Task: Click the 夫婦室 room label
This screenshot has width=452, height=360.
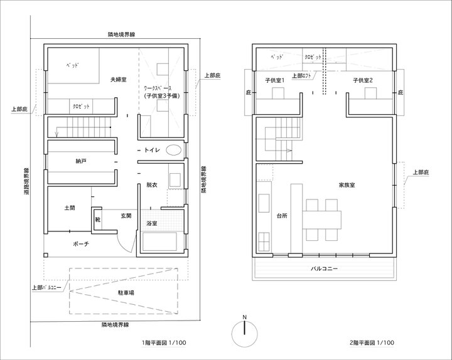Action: pos(118,80)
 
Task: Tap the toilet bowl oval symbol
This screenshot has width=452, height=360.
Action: pos(174,150)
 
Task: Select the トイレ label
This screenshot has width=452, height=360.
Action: pos(152,150)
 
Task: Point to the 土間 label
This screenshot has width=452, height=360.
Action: pos(70,208)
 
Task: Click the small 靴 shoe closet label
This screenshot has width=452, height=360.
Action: pos(98,220)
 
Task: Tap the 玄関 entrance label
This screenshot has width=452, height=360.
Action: pos(126,215)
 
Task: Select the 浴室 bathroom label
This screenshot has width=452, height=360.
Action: pos(151,223)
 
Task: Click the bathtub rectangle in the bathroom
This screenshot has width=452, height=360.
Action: pos(159,241)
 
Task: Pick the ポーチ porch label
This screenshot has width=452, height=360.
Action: pos(81,244)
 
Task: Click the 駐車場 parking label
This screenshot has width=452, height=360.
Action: pos(126,293)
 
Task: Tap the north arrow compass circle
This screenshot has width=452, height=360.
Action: pos(244,334)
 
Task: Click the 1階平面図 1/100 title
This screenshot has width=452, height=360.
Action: pos(164,342)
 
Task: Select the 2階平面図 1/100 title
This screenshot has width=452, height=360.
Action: pos(372,342)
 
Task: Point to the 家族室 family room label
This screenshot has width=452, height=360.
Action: pos(347,185)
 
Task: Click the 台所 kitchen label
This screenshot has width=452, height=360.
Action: pos(282,216)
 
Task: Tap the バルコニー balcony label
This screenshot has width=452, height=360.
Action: pos(324,268)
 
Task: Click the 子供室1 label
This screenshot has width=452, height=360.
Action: pos(275,80)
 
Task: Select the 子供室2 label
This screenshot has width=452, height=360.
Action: pos(363,80)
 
